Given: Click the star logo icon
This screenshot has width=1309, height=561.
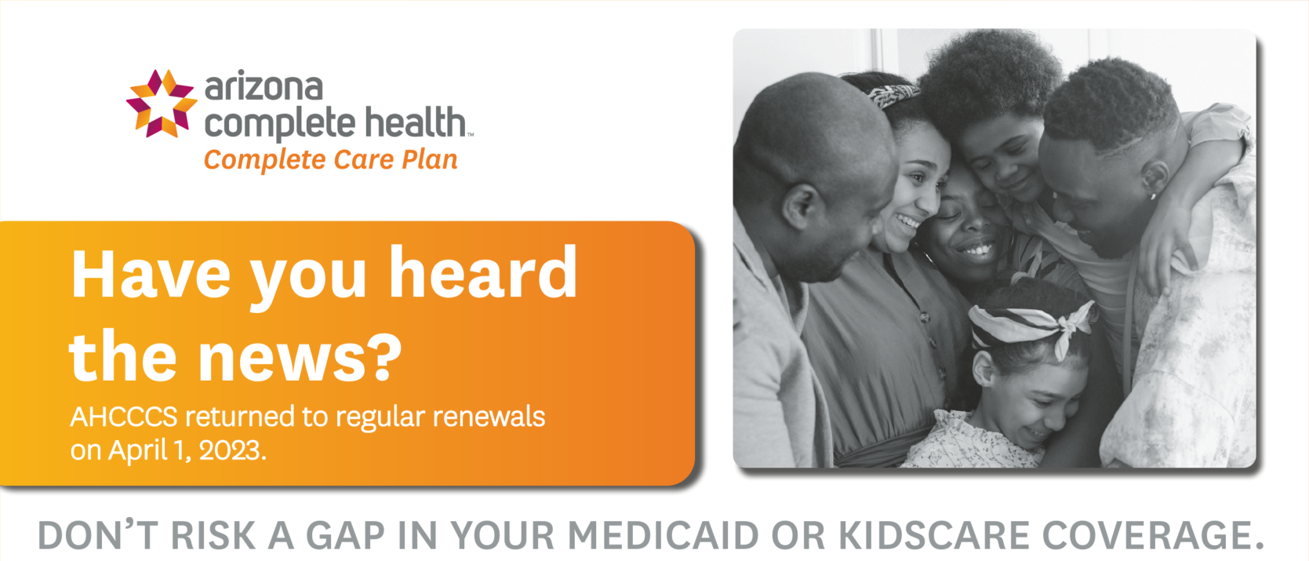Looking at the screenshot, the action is pyautogui.click(x=162, y=104).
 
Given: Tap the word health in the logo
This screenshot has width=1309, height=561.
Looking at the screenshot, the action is pyautogui.click(x=416, y=122).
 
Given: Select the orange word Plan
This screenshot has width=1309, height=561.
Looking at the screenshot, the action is pyautogui.click(x=430, y=159).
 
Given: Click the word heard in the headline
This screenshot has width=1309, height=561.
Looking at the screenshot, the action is pyautogui.click(x=482, y=273).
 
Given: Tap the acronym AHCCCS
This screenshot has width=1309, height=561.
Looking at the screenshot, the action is pyautogui.click(x=124, y=417).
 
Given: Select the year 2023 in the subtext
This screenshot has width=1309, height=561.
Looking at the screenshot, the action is pyautogui.click(x=233, y=450).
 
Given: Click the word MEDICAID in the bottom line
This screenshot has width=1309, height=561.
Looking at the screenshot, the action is pyautogui.click(x=664, y=535).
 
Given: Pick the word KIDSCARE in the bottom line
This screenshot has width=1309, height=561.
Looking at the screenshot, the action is pyautogui.click(x=934, y=535).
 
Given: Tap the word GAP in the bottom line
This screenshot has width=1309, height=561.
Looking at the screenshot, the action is pyautogui.click(x=346, y=535).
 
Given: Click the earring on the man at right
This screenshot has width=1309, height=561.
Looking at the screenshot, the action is pyautogui.click(x=1154, y=196).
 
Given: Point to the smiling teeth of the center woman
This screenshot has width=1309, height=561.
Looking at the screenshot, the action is pyautogui.click(x=976, y=250).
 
